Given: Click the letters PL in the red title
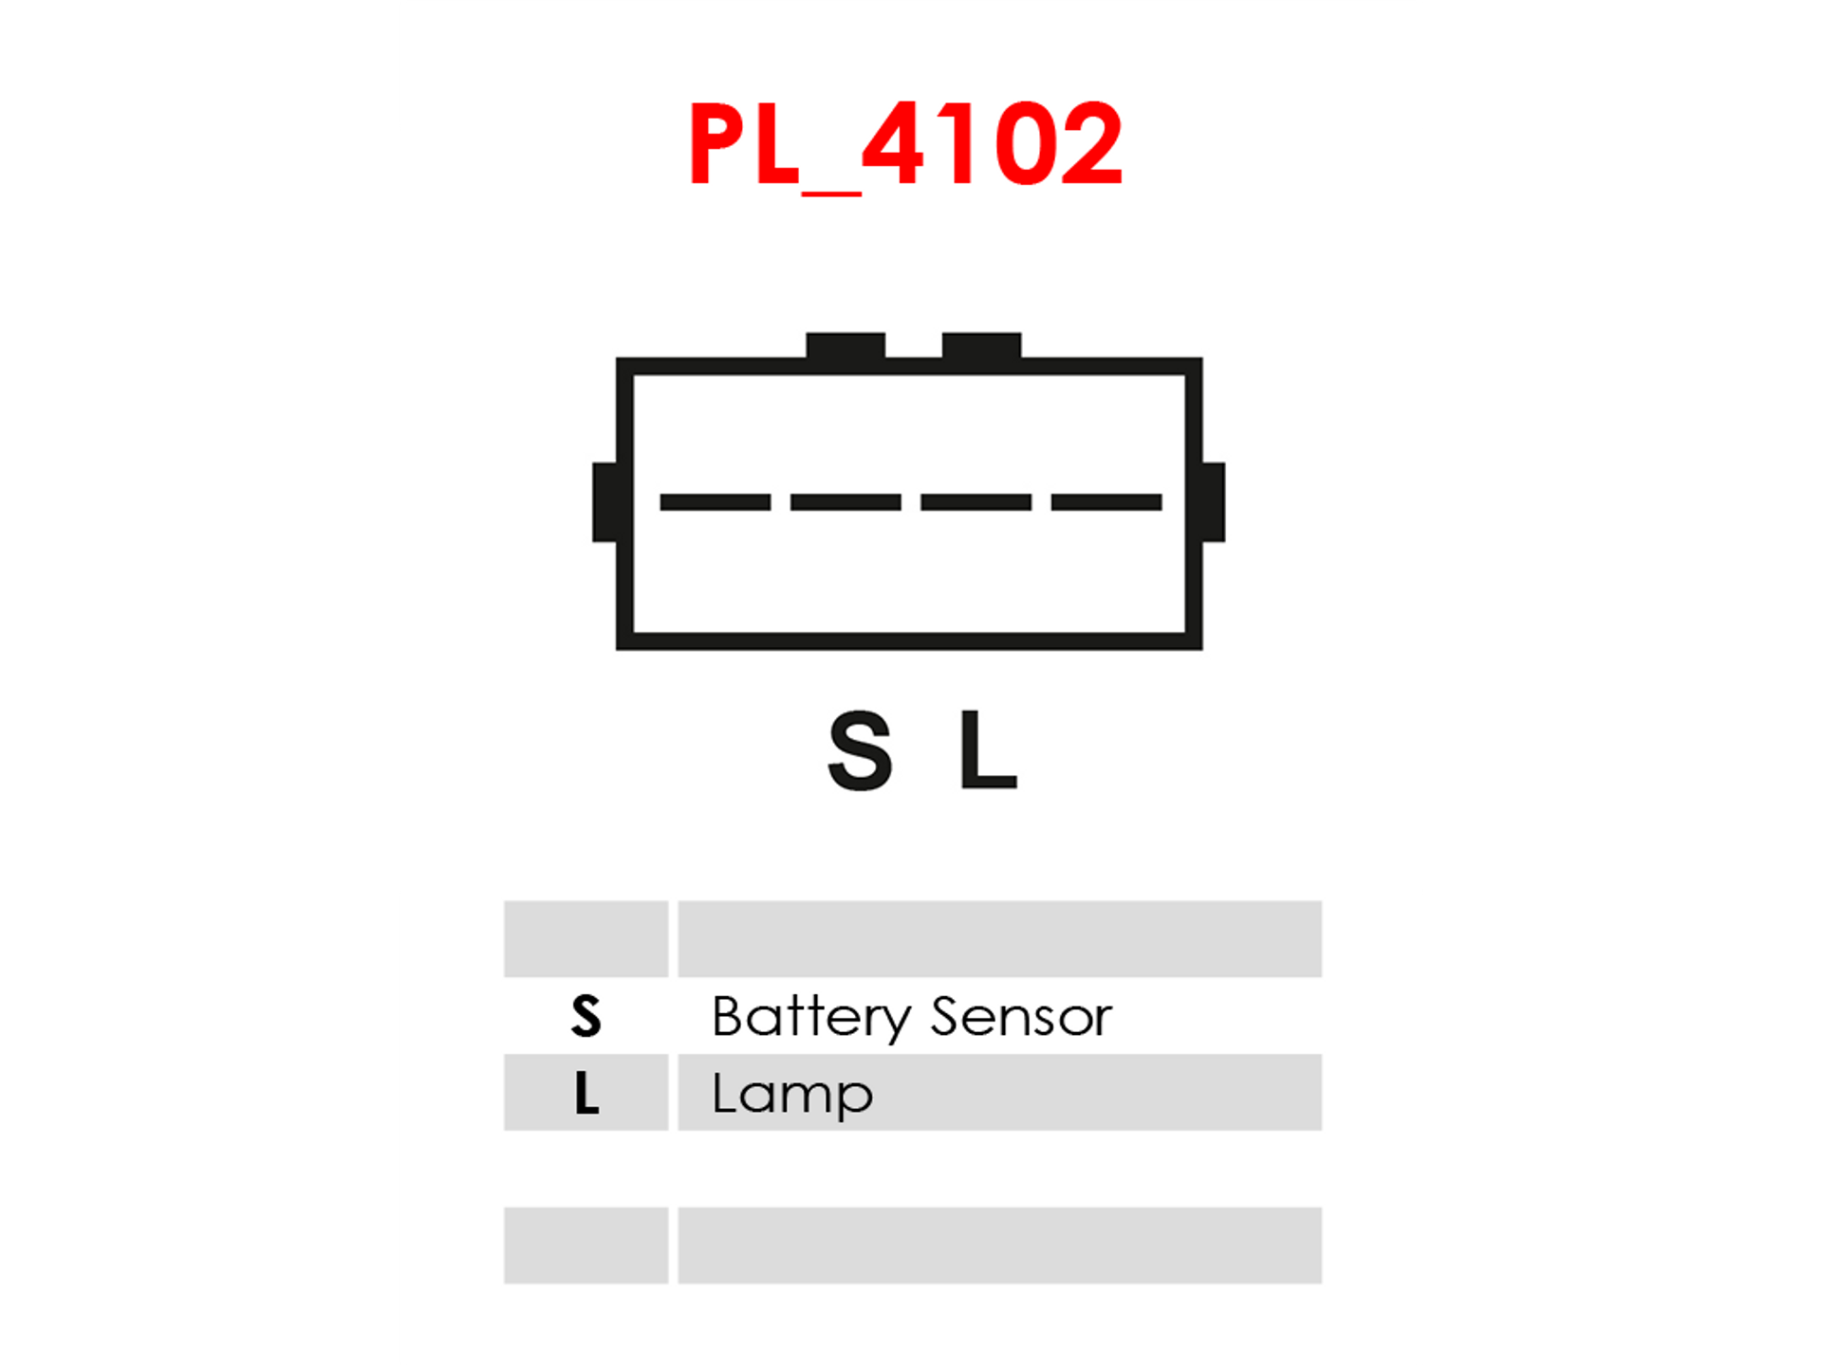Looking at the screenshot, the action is pos(744,144).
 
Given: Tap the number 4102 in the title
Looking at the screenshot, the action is pos(993,144).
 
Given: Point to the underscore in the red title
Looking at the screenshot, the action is pos(831,193).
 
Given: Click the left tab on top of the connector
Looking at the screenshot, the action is pos(846,345).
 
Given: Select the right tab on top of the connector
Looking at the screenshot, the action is pos(981,345).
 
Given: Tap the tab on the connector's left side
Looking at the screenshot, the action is pos(604,502).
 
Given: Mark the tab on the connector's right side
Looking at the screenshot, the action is pos(1213,502).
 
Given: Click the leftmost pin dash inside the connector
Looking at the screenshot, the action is pos(715,502).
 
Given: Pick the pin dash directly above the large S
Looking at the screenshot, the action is pos(846,502).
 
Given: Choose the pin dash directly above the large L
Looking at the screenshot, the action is pos(976,502).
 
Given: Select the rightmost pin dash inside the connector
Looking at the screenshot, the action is pos(1106,502).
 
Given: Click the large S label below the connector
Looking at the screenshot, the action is pos(860,750).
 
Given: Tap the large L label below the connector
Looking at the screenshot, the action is pos(988,749).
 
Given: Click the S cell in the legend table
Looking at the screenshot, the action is pos(586,1016).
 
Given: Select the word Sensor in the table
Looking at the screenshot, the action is pos(1021,1016).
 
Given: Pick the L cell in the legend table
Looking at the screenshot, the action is pos(586,1092).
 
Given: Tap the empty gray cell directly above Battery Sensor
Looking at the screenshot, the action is pos(999,939).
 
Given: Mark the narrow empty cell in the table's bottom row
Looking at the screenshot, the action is pos(586,1246).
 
